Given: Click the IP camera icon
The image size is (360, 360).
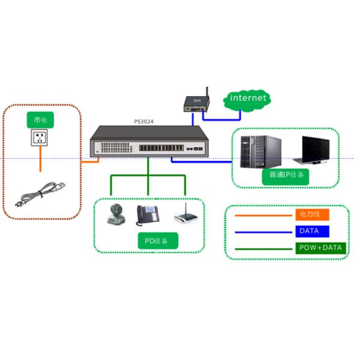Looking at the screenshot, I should [115, 214].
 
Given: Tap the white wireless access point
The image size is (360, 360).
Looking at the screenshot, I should [184, 217].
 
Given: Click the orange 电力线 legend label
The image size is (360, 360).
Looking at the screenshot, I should [312, 214].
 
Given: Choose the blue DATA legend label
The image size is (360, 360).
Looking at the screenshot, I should [312, 231].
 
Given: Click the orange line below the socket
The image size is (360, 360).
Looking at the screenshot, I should [40, 161].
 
